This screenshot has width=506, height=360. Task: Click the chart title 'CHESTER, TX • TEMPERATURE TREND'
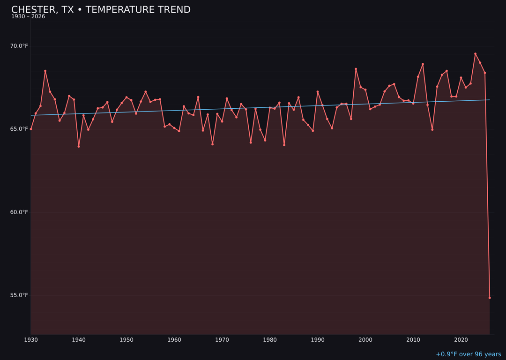[x=101, y=10]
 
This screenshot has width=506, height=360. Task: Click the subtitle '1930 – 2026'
[x=28, y=17]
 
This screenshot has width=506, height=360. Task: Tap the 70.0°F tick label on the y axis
[x=20, y=46]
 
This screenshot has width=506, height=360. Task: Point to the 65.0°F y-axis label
[x=20, y=129]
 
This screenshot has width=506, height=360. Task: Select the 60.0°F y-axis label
[x=20, y=212]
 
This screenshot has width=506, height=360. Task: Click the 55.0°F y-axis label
[x=20, y=295]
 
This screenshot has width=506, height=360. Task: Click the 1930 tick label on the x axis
[x=31, y=339]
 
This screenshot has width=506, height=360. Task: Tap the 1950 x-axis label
[x=126, y=339]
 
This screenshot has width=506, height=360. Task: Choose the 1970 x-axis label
[x=222, y=339]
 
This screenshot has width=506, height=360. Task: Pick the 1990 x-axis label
[x=318, y=339]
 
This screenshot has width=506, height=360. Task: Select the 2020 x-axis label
[x=461, y=339]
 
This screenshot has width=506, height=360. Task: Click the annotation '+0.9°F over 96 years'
[x=468, y=354]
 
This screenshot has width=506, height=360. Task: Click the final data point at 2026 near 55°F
[x=490, y=298]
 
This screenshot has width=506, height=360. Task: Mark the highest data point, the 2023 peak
[x=475, y=54]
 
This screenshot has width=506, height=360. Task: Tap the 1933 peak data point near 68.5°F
[x=45, y=71]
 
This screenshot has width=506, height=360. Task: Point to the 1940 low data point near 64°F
[x=79, y=146]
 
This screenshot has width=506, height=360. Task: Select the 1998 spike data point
[x=356, y=69]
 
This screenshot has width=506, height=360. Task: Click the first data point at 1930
[x=31, y=129]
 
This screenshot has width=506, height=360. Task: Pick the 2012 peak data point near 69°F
[x=423, y=64]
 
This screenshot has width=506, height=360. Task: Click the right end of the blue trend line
[x=489, y=100]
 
